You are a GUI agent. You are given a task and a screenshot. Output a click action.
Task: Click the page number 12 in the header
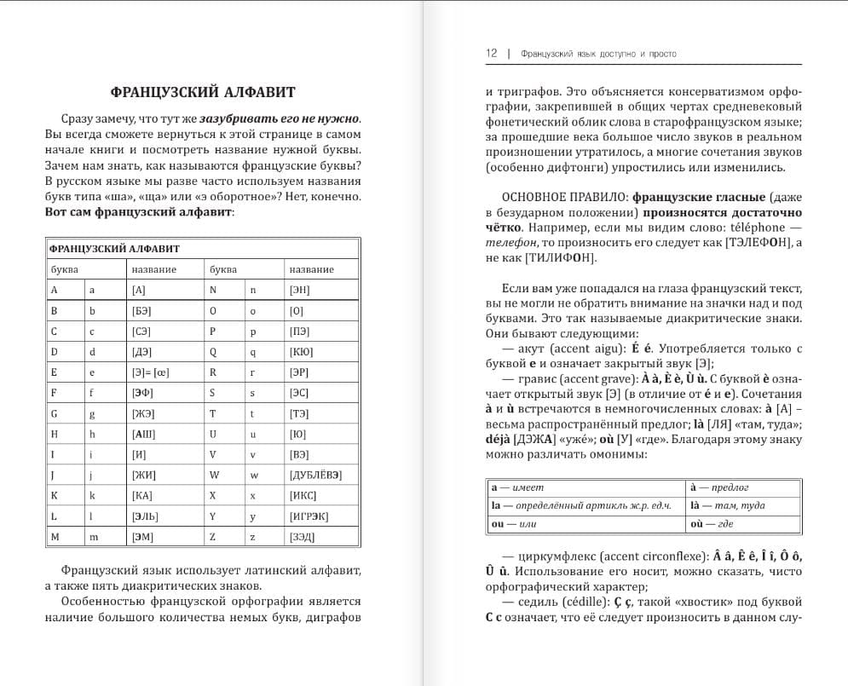pos(492,53)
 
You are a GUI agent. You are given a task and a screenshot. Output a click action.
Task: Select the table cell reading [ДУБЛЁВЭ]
pos(321,475)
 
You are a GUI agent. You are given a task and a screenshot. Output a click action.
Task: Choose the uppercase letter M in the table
pos(55,537)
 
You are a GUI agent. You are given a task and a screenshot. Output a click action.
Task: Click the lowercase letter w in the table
pos(252,475)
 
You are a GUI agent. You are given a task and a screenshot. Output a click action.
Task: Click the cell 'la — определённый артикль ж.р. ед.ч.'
pos(586,506)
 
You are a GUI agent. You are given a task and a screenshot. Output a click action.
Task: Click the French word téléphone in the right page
pos(753,228)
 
